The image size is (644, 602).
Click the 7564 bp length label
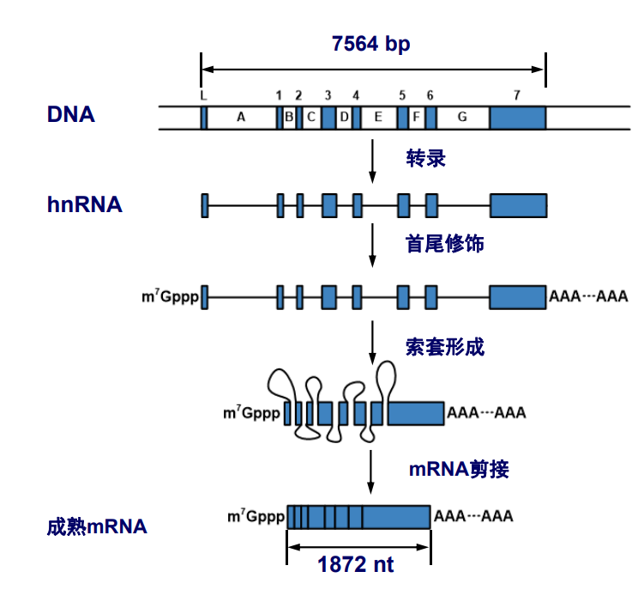[x=371, y=44]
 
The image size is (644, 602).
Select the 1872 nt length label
[x=357, y=565]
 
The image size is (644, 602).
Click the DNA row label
[x=71, y=114]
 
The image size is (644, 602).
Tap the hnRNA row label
[x=85, y=205]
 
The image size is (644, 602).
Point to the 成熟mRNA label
[x=97, y=526]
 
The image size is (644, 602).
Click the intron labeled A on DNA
[x=241, y=118]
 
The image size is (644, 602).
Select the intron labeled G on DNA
[x=463, y=118]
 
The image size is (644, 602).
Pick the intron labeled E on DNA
[x=378, y=118]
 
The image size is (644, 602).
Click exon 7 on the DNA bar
[x=518, y=118]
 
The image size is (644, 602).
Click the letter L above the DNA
[x=203, y=94]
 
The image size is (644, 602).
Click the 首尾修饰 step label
[x=444, y=245]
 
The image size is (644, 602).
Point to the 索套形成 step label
[x=444, y=347]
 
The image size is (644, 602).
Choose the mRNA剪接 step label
[x=459, y=469]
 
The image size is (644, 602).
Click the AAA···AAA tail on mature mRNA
[x=473, y=517]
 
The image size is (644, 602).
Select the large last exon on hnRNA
[x=518, y=205]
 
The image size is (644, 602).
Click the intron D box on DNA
[x=344, y=118]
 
